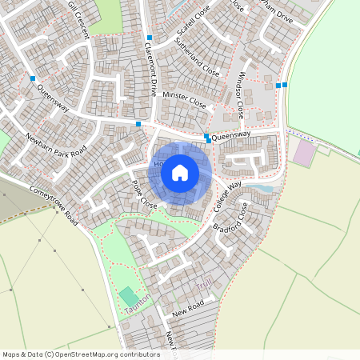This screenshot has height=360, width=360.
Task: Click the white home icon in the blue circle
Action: (180, 171)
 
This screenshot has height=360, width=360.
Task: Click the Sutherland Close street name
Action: (196, 61)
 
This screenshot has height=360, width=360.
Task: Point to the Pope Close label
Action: (145, 194)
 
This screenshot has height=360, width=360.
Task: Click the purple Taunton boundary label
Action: (138, 306)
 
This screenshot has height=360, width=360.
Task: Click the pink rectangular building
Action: (304, 153)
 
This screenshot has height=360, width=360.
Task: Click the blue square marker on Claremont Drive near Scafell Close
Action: (149, 38)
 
